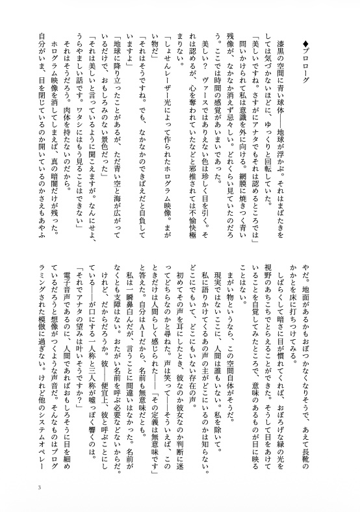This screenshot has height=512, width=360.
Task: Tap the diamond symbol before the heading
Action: click(324, 44)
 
